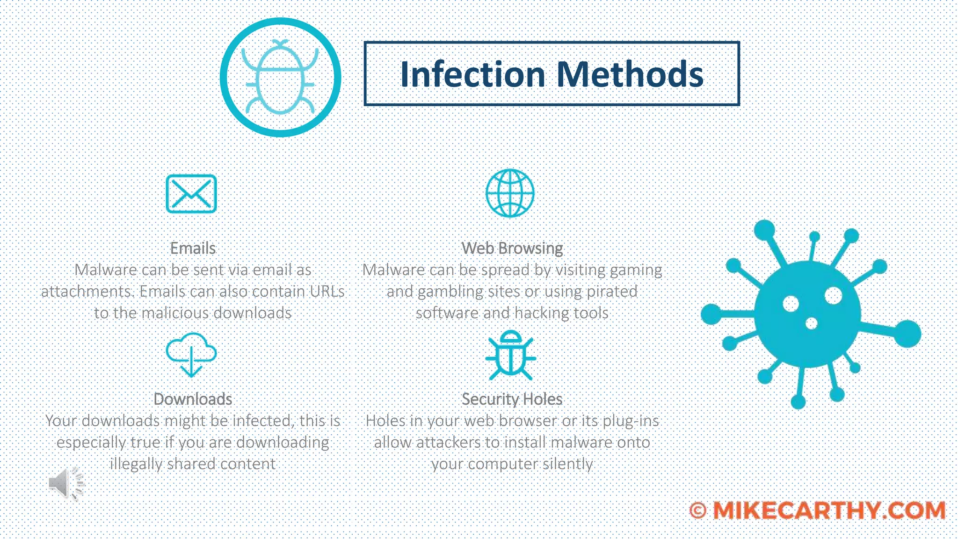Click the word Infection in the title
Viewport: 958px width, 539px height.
(x=473, y=74)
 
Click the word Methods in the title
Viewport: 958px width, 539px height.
(x=630, y=74)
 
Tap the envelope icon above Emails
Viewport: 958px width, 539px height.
(x=191, y=194)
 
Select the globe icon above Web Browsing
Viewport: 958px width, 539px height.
(x=510, y=193)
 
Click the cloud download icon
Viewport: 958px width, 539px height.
(x=191, y=354)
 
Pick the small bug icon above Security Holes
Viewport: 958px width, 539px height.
(x=510, y=356)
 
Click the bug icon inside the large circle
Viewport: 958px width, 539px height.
(x=280, y=78)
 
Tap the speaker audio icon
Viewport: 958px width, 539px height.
(x=65, y=483)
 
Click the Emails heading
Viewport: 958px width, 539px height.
(x=193, y=248)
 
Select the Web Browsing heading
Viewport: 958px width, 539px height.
(x=512, y=248)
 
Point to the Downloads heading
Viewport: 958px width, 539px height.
(x=193, y=399)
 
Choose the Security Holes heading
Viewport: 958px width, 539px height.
(x=512, y=399)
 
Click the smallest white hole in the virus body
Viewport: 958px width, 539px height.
(x=811, y=323)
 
